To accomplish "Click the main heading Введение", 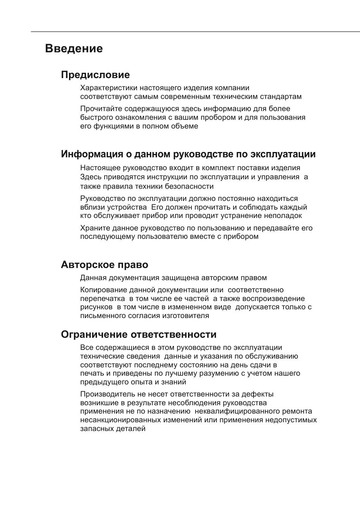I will (74, 49).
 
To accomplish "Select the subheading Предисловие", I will (95, 75).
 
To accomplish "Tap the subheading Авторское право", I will (104, 265).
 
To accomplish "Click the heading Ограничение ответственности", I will (139, 334).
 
